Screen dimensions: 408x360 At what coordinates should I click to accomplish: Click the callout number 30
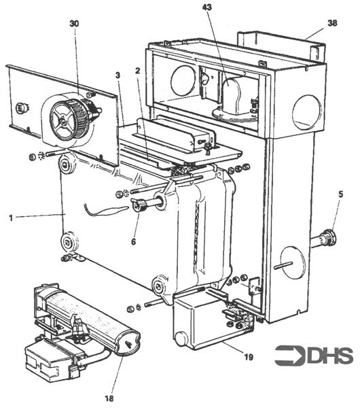click(x=74, y=23)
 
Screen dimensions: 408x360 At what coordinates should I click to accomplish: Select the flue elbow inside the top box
click(x=234, y=95)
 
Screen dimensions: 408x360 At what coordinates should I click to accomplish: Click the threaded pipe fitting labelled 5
click(x=324, y=239)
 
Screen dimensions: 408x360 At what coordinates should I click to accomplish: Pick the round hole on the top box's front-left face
click(x=183, y=82)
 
